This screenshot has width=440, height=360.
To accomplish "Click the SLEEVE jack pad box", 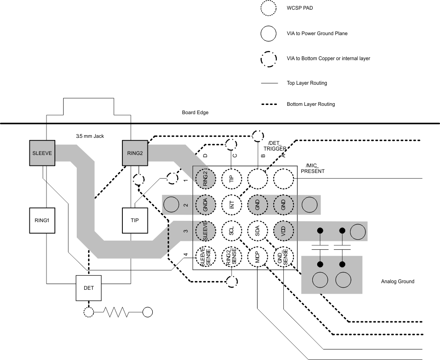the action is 42,153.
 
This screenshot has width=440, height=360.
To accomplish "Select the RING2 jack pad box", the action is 135,153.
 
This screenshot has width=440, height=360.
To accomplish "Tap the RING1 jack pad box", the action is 42,220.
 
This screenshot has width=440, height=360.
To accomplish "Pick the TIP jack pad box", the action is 135,220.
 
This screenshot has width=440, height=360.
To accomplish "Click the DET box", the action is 89,288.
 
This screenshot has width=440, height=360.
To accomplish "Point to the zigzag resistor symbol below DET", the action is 116,312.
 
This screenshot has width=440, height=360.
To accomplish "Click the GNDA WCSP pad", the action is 206,205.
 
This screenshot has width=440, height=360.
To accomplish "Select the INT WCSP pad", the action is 232,205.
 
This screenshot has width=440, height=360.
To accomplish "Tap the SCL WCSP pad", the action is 232,231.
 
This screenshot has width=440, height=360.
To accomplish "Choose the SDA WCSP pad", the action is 258,231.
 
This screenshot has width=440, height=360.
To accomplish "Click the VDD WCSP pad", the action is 283,231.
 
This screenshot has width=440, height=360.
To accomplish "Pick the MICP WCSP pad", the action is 258,257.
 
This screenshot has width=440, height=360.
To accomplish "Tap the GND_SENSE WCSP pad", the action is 283,257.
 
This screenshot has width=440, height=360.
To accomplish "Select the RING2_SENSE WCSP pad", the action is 232,257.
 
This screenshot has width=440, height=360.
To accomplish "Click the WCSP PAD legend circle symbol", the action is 268,8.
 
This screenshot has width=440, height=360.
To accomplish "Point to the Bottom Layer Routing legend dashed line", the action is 269,104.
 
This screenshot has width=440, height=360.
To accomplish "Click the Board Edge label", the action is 195,112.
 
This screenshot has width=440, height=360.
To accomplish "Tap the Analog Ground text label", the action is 397,281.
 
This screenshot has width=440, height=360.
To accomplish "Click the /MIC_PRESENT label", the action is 313,169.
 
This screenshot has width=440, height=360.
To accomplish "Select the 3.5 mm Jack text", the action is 90,136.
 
